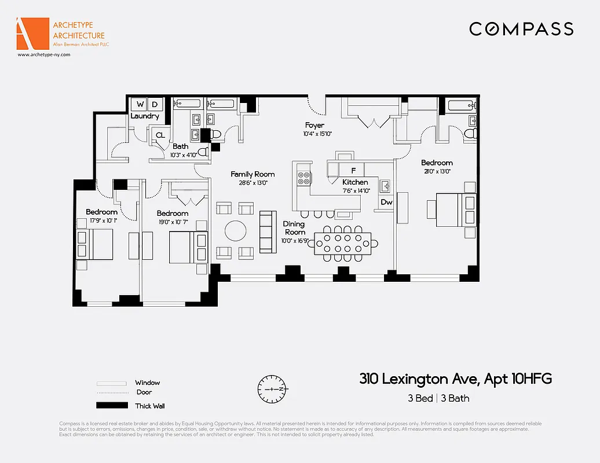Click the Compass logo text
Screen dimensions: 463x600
[x=521, y=29]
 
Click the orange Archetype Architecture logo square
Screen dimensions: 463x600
[x=32, y=34]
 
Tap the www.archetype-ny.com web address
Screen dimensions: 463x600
[x=43, y=54]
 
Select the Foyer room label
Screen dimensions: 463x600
[x=314, y=125]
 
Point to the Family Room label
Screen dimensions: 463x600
[x=253, y=174]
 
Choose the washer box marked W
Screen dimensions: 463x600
[x=140, y=105]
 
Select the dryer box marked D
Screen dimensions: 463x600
[x=155, y=105]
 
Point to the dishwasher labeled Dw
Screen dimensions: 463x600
[x=387, y=202]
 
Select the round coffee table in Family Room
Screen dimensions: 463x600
[x=235, y=230]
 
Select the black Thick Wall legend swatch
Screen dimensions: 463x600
[x=111, y=406]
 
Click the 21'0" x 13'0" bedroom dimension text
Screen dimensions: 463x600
[x=436, y=171]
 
